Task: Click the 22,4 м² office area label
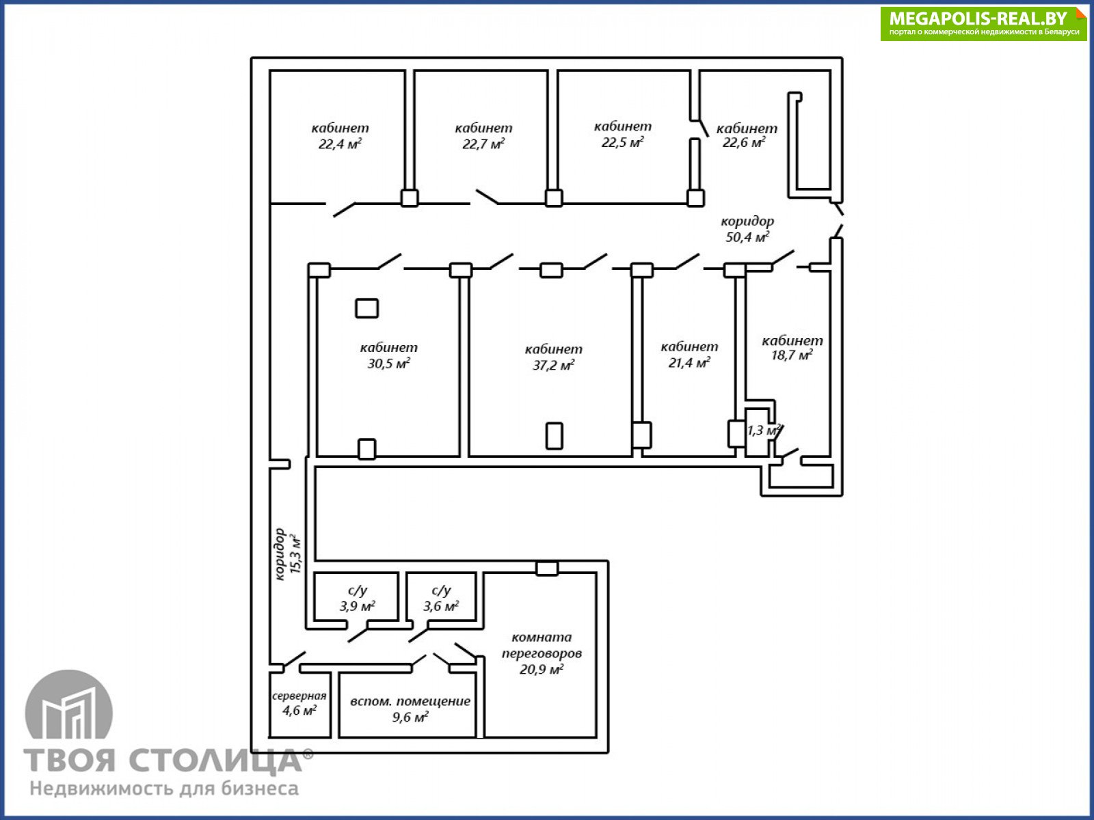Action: (x=340, y=136)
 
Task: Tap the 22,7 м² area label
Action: (x=483, y=136)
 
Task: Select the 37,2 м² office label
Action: (x=553, y=357)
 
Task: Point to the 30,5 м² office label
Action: (x=389, y=355)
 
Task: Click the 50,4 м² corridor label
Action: (x=747, y=228)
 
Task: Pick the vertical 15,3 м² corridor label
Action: (x=288, y=554)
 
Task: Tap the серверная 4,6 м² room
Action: (x=299, y=703)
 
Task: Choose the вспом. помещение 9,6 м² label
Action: (x=410, y=709)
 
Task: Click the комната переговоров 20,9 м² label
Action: (x=542, y=653)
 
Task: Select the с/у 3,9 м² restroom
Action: (x=358, y=598)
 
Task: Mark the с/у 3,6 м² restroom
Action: (x=441, y=598)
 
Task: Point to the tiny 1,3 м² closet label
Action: (x=763, y=430)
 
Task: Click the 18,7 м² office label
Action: (x=792, y=348)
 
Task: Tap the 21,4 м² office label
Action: (x=689, y=355)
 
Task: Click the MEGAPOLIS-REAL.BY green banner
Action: (x=984, y=23)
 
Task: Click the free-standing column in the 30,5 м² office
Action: (x=366, y=308)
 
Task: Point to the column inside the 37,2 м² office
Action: (x=555, y=436)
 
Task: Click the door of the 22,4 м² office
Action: (x=344, y=210)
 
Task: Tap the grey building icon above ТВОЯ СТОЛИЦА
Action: (x=69, y=705)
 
